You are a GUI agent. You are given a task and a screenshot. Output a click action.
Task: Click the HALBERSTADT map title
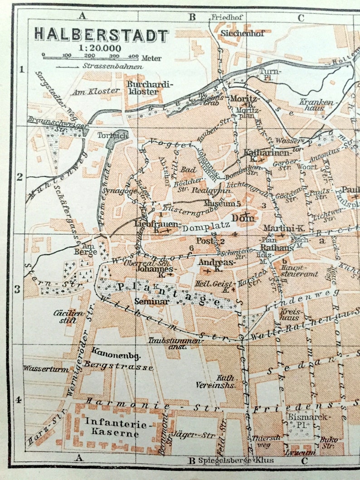pos(101,35)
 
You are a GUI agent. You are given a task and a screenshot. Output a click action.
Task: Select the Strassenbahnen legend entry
pos(100,66)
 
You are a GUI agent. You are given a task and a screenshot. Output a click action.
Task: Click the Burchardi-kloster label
pos(143,88)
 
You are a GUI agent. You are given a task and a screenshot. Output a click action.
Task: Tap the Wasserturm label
pos(46,369)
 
